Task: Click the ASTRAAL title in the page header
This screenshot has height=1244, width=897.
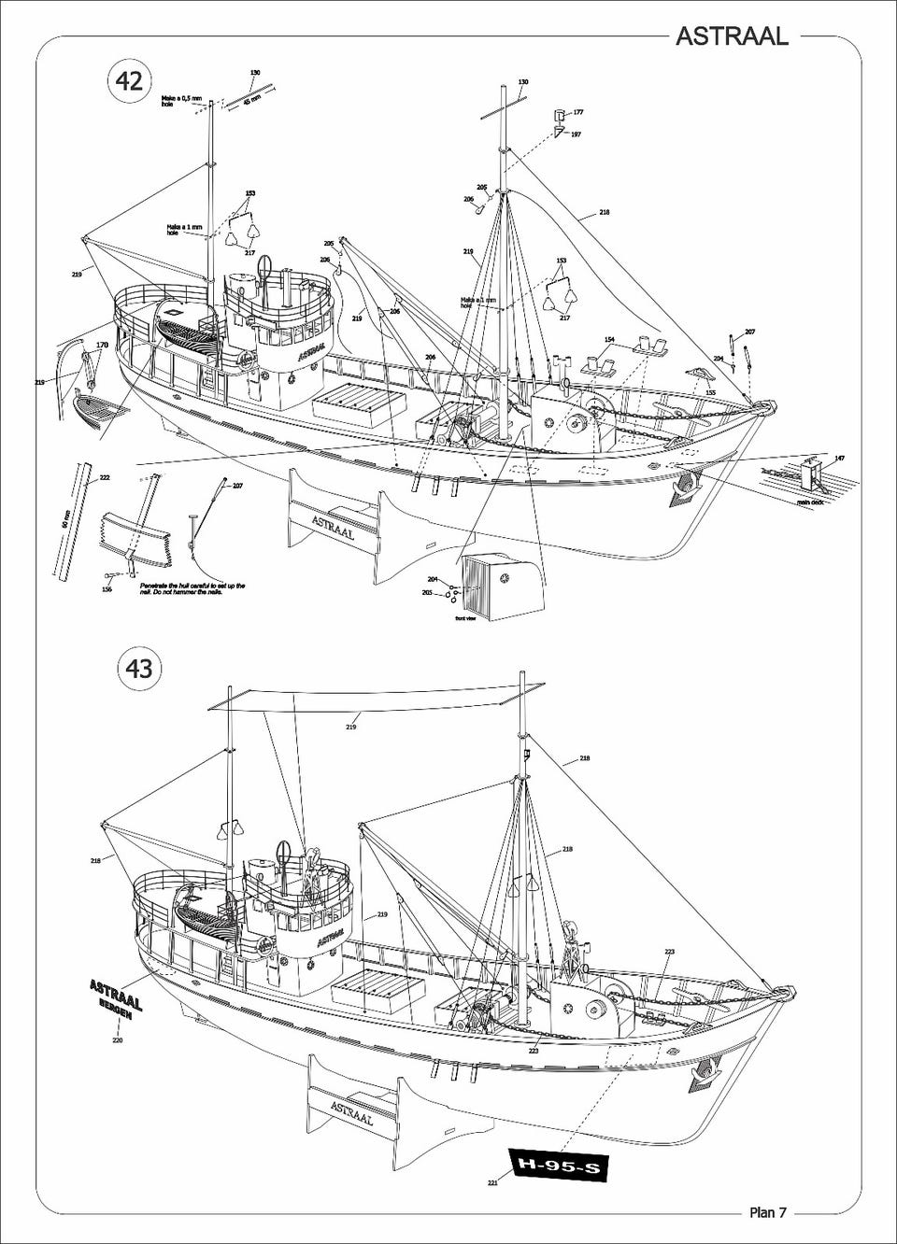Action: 732,35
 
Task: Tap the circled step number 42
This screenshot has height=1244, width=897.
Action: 129,80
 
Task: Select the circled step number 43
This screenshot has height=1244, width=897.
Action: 138,669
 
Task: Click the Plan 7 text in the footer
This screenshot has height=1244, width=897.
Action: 768,1212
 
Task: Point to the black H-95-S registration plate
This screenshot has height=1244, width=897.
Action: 558,1166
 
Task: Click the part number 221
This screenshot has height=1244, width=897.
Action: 492,1182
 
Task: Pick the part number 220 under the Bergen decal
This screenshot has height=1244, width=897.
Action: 117,1039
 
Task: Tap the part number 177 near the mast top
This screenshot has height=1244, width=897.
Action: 578,112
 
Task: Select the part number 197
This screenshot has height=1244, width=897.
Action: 576,134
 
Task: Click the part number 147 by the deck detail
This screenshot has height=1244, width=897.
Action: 839,459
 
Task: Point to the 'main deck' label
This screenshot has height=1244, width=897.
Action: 809,502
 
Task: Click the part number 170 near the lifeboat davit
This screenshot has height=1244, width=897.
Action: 102,345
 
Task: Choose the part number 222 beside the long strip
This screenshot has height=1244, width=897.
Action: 105,477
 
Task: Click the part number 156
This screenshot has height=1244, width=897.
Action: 107,589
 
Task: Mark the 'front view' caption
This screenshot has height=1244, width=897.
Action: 465,618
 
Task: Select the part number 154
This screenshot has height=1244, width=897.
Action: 609,340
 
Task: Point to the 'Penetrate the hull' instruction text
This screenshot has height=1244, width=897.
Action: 192,588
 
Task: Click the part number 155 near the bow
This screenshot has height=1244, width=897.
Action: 710,393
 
